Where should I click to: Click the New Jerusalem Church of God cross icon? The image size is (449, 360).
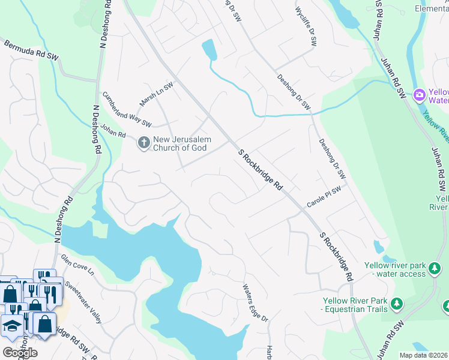click(143, 143)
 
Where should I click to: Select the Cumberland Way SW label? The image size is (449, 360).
click(126, 109)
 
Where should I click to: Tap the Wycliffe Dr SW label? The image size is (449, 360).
click(306, 27)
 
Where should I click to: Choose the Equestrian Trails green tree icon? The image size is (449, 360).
click(396, 305)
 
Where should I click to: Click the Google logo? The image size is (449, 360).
click(19, 353)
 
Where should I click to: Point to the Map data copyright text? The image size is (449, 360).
click(424, 355)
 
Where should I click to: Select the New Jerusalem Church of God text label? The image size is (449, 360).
click(180, 143)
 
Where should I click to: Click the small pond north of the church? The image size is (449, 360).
click(209, 49)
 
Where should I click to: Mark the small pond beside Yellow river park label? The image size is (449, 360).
click(379, 247)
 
